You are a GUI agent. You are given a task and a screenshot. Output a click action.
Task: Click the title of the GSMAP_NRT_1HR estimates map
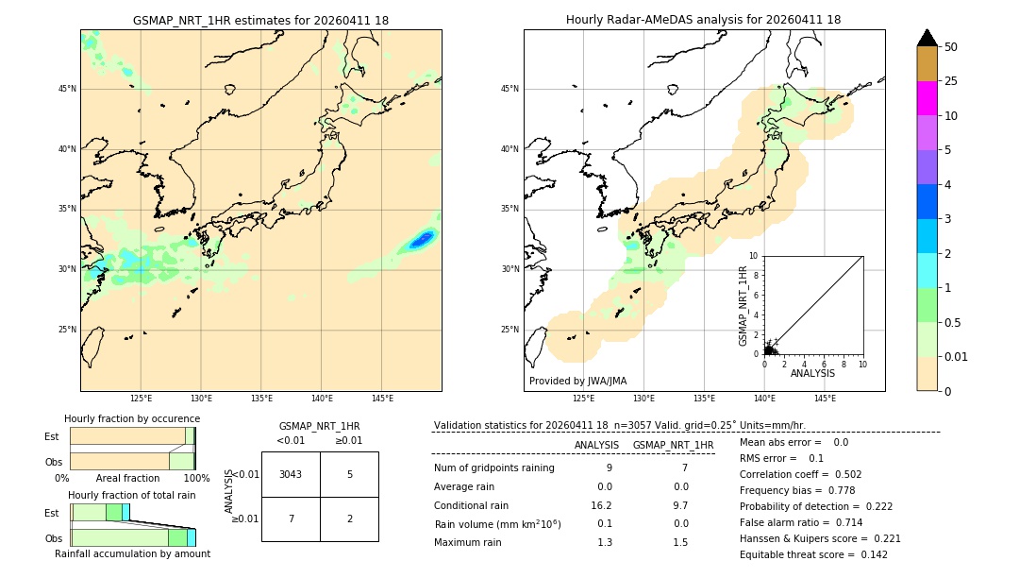(260, 20)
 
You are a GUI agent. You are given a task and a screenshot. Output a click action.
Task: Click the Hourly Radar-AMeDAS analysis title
(703, 20)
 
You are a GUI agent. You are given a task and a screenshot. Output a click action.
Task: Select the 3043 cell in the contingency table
(291, 474)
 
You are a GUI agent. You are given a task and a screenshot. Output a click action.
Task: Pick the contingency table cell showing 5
(349, 474)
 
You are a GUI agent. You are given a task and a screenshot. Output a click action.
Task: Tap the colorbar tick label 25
(951, 81)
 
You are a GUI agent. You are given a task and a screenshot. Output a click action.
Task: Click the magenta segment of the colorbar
(927, 98)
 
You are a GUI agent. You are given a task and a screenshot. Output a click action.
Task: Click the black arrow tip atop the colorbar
(927, 37)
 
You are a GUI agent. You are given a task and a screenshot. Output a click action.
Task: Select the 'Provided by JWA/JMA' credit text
(577, 381)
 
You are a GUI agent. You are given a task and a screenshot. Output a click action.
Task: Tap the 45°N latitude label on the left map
(67, 89)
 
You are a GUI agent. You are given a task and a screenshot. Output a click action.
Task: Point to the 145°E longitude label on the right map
(825, 399)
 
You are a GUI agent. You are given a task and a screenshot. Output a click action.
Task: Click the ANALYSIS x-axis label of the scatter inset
(812, 373)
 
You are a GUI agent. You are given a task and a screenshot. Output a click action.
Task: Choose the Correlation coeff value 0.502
(843, 474)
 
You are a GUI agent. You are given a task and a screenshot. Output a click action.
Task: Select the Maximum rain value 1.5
(680, 542)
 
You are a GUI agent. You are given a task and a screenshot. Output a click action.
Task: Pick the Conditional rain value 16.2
(604, 505)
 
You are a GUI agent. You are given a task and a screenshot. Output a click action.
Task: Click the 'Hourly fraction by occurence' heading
(132, 418)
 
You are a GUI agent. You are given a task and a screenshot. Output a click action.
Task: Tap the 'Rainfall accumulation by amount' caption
(132, 553)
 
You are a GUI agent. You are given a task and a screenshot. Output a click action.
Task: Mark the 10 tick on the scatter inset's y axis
(753, 256)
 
